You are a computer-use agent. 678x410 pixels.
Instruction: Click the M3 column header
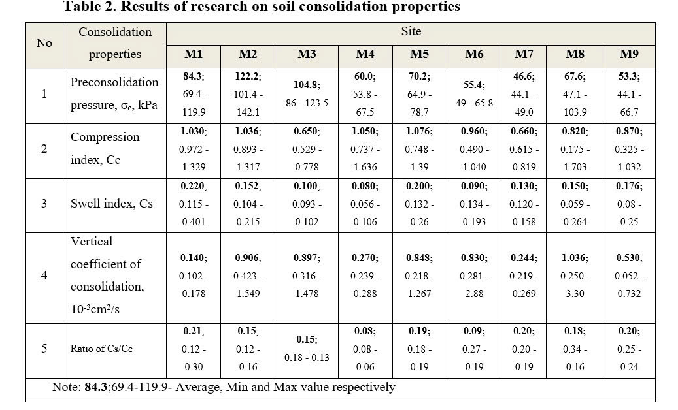307,54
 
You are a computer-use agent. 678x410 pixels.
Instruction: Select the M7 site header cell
524,54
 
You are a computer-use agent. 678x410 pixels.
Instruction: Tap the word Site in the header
411,31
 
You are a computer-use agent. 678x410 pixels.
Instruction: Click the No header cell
44,43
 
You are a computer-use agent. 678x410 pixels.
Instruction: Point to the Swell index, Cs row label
111,203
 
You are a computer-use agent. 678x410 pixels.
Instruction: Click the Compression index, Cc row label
105,148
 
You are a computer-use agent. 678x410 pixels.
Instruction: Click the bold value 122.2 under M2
247,76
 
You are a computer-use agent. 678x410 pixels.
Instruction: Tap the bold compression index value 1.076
418,131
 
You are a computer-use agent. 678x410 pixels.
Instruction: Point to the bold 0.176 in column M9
628,186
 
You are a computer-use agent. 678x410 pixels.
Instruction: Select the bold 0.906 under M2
247,258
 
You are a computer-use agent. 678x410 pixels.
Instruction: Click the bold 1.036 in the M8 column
575,258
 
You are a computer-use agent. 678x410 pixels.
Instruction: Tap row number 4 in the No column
44,275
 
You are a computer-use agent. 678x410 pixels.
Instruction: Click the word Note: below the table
67,387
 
